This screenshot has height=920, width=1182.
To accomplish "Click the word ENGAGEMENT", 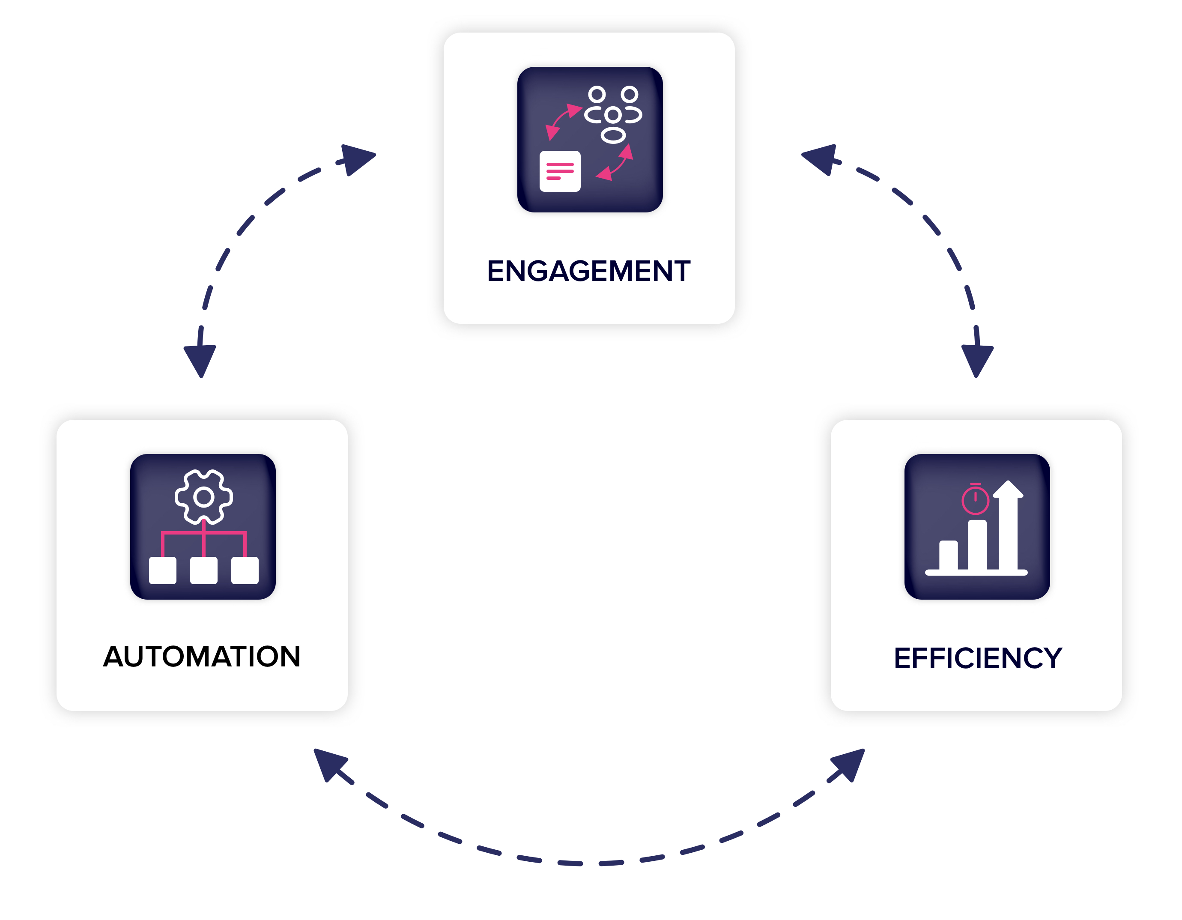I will [589, 271].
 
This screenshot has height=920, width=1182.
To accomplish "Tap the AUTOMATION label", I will [202, 657].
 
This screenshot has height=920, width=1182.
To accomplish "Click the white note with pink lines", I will [560, 171].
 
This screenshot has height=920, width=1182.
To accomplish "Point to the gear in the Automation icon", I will [203, 497].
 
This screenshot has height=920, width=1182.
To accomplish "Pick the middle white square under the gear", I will [203, 571].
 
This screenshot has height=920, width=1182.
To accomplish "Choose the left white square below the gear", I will [162, 571].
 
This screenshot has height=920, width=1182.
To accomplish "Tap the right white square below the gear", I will [245, 571].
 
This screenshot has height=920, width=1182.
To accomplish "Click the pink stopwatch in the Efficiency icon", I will [975, 499].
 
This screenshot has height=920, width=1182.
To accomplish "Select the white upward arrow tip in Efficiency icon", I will [1008, 489].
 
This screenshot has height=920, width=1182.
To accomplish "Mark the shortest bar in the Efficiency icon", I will [948, 555].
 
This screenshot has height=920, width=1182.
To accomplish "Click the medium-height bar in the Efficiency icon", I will [977, 544].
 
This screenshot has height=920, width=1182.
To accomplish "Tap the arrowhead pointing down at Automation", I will [200, 360].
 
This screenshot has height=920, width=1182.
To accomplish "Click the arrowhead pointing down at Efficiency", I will [977, 360].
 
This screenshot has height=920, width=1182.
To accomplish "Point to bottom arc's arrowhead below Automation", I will [329, 764].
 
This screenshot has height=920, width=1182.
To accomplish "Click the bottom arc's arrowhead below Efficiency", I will [849, 764].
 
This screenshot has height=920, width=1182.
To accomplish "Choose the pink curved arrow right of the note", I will [616, 164].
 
